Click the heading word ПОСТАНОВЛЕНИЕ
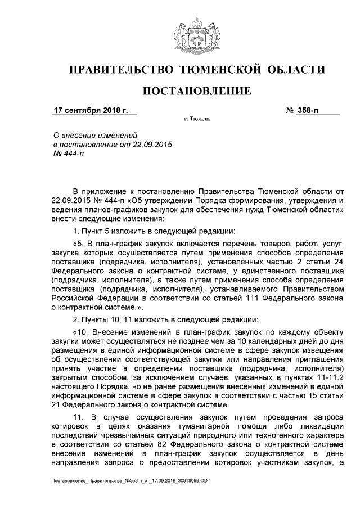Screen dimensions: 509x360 point(196,91)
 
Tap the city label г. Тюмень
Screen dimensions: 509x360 point(196,120)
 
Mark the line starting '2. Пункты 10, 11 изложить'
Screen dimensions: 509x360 point(165,319)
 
